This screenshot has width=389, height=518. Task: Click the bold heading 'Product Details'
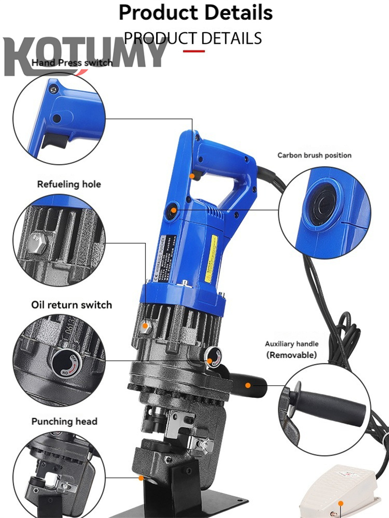pyautogui.click(x=195, y=13)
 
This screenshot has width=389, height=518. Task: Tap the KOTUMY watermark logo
pyautogui.click(x=85, y=54)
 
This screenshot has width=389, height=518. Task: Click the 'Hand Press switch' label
pyautogui.click(x=72, y=63)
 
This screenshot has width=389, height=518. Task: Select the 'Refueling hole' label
pyautogui.click(x=69, y=184)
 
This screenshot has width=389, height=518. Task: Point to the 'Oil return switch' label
pyautogui.click(x=71, y=305)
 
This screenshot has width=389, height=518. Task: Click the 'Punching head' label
pyautogui.click(x=64, y=421)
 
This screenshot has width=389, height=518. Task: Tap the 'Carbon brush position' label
pyautogui.click(x=314, y=155)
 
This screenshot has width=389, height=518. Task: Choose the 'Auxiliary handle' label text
pyautogui.click(x=291, y=344)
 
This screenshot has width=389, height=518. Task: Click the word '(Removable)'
pyautogui.click(x=291, y=355)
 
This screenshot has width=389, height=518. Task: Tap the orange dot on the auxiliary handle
pyautogui.click(x=248, y=385)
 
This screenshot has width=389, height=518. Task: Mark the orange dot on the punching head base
pyautogui.click(x=141, y=478)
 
